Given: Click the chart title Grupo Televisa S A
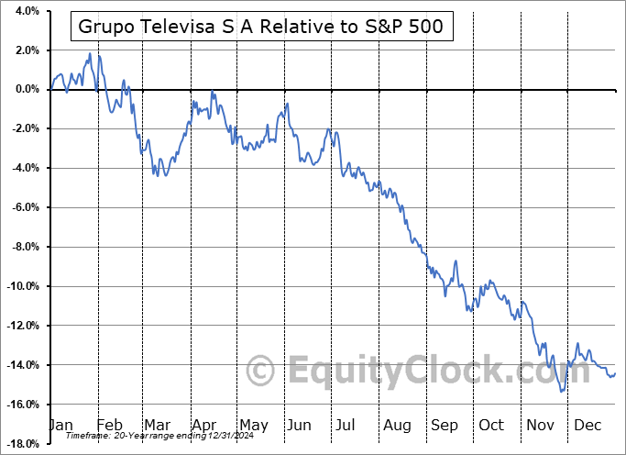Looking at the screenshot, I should (x=261, y=27).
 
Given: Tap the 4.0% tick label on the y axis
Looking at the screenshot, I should (x=25, y=11).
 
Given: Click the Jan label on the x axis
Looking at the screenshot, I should (x=60, y=425).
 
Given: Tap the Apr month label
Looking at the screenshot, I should (x=203, y=425).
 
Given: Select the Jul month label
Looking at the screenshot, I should (x=346, y=425).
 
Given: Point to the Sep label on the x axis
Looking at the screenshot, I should (x=444, y=425).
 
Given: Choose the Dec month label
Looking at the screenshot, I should (x=588, y=425).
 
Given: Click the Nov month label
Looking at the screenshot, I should (x=540, y=425).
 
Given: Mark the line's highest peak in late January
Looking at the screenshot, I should (x=89, y=54).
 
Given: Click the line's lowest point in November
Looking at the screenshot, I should (x=561, y=392).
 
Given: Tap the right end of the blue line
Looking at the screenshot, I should (x=615, y=373).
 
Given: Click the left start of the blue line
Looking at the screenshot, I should (x=50, y=89).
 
